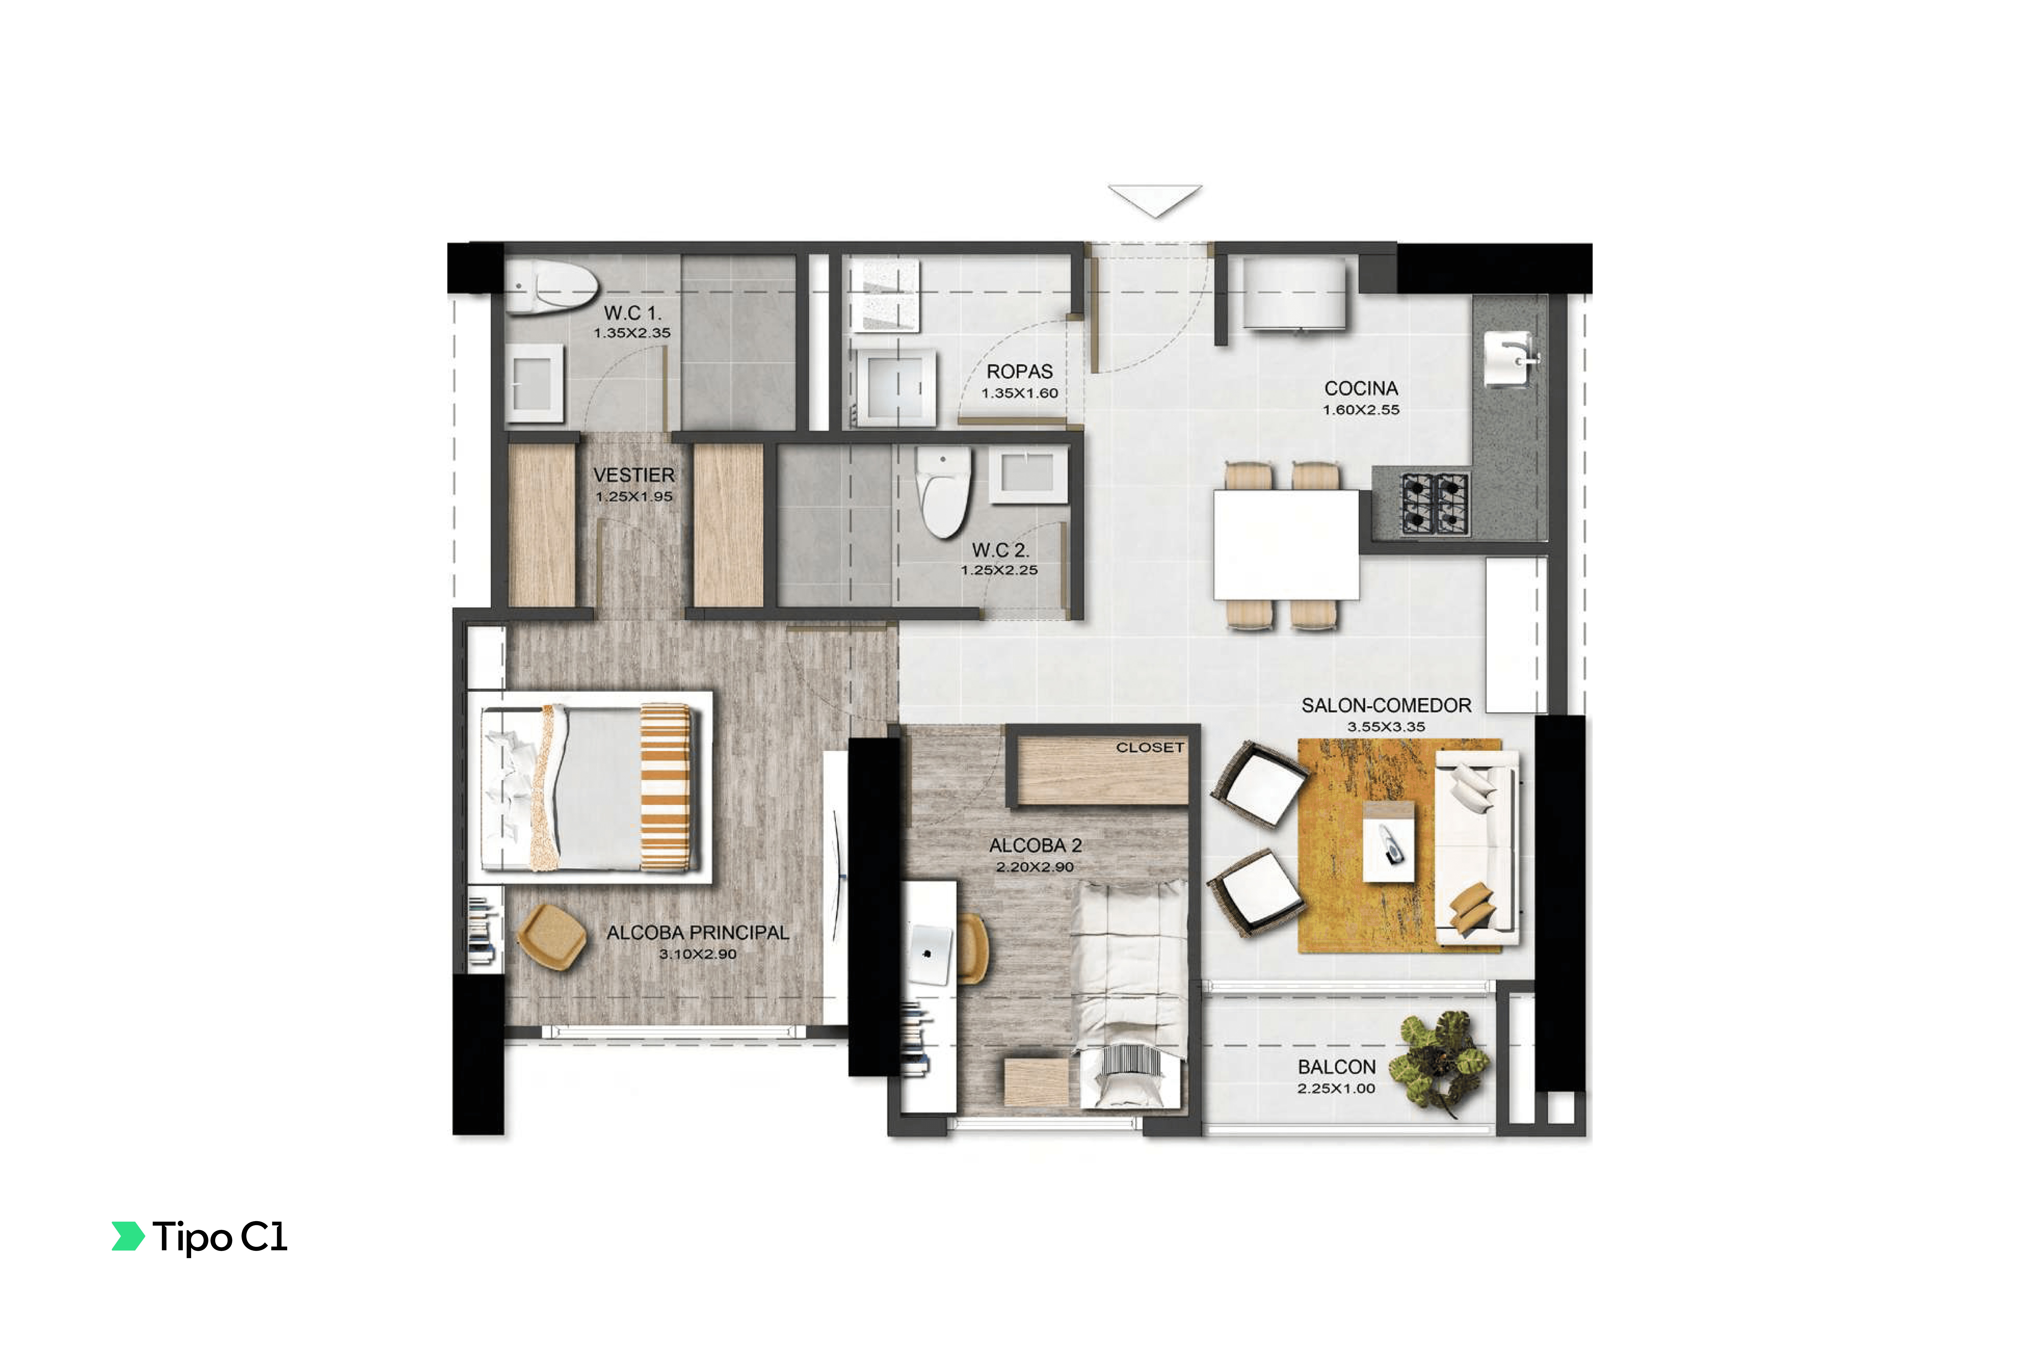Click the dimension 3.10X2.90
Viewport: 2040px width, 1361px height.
tap(698, 954)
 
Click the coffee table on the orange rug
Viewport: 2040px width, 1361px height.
tap(1389, 842)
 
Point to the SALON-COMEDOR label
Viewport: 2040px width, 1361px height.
tap(1386, 706)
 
